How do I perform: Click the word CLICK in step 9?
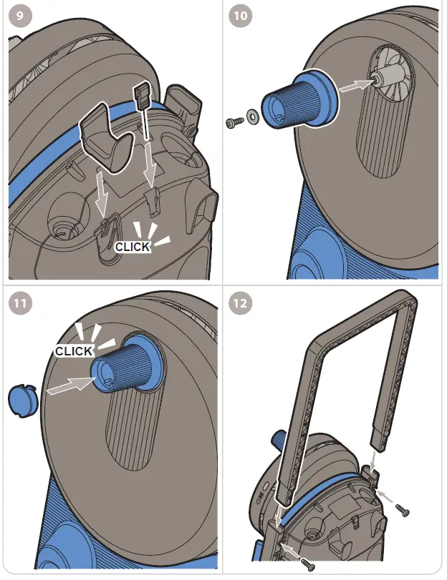(133, 247)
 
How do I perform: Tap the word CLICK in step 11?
(74, 351)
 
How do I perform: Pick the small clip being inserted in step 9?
(142, 97)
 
